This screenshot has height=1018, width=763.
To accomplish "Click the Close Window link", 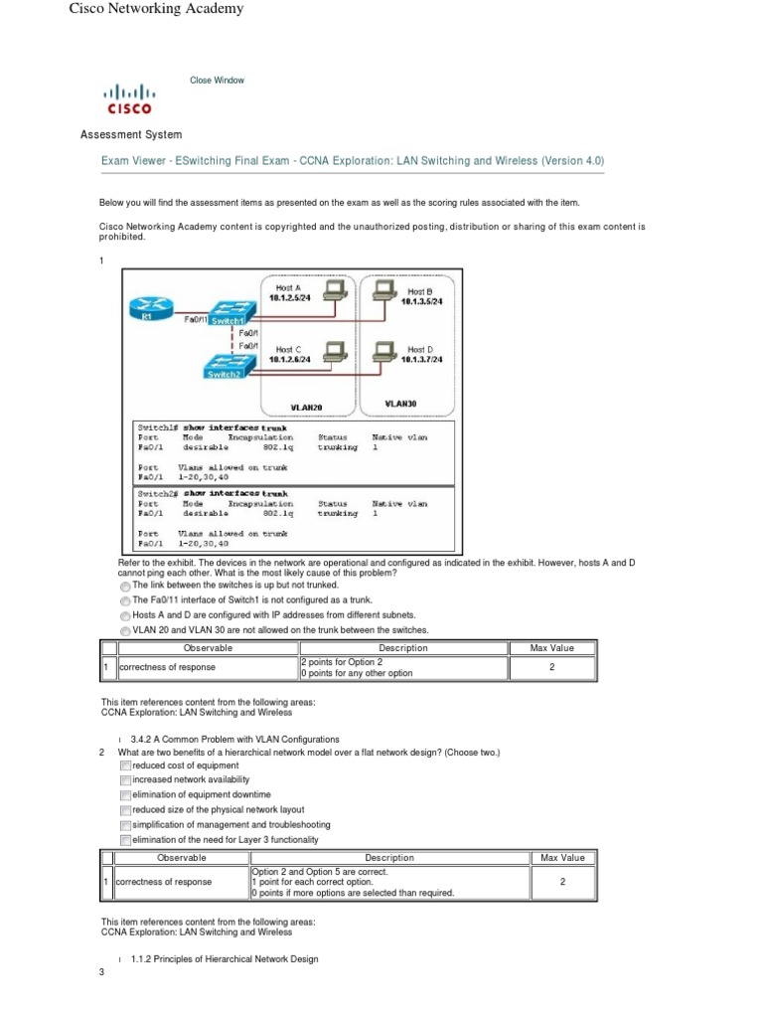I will tap(217, 81).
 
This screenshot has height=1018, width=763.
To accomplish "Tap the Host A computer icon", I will tap(337, 289).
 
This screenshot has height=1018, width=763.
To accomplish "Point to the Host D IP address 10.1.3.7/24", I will tap(421, 359).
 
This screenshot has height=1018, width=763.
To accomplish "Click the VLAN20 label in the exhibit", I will tap(306, 408).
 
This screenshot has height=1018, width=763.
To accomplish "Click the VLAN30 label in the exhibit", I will tap(400, 405).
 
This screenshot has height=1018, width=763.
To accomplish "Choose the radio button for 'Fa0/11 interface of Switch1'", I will tap(125, 601).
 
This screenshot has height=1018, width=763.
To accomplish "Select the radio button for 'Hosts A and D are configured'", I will tap(125, 616).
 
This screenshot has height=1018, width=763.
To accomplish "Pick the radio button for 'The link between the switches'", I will tap(125, 587).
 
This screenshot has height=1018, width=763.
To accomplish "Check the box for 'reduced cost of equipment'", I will tap(125, 766).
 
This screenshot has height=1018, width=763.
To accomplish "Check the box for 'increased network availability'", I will tap(125, 781).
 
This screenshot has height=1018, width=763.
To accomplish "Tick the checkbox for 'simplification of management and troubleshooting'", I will tap(125, 825).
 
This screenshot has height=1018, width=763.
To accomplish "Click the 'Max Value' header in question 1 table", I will tap(552, 648).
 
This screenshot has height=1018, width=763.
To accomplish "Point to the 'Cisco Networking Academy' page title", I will tap(156, 9).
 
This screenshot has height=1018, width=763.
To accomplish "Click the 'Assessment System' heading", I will tap(130, 134).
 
